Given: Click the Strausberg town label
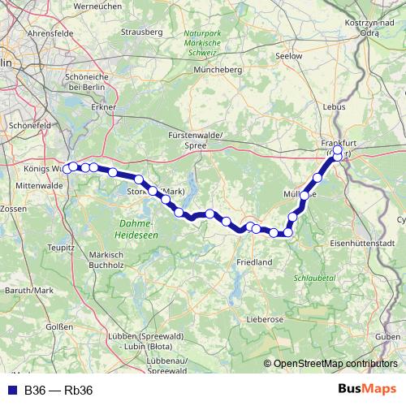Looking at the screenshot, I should point(136,33).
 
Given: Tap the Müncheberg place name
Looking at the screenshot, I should point(218,70).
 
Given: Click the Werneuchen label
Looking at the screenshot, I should point(97,6).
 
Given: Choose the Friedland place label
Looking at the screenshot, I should point(254,263).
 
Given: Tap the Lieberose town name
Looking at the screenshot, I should point(264,319).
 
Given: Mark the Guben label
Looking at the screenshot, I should point(388,335).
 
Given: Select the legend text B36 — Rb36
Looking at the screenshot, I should point(58,390).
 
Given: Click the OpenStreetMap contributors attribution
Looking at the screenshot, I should point(335,364).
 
